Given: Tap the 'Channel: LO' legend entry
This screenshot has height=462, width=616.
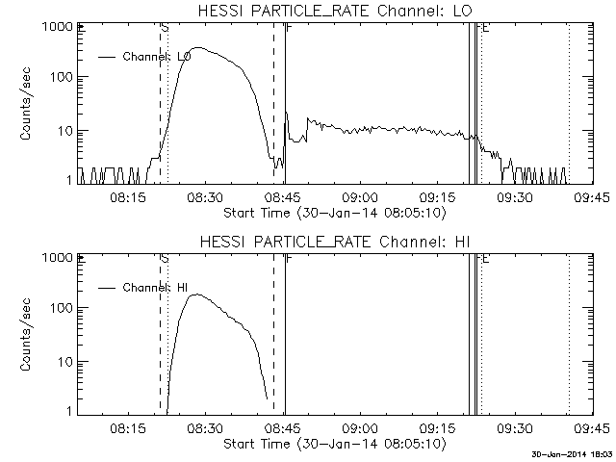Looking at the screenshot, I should tap(157, 57).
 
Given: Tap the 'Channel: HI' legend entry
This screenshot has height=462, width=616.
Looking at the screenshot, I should tap(155, 287).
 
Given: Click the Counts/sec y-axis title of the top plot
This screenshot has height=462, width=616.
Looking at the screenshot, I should tap(29, 103).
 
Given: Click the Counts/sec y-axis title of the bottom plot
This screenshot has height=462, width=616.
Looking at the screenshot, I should tap(29, 334).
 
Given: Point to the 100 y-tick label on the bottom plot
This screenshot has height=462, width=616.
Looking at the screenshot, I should tap(61, 308).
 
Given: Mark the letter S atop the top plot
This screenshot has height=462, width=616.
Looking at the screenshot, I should tap(166, 29).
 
